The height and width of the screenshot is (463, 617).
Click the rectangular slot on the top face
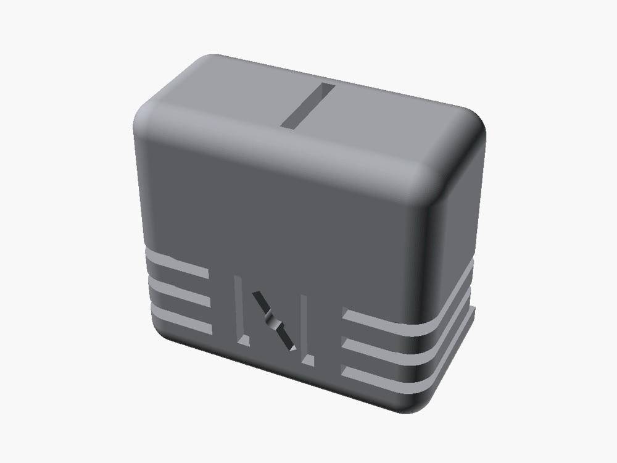[308, 106]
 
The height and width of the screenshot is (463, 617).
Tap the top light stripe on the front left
[177, 265]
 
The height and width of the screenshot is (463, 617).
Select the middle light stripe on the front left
[179, 291]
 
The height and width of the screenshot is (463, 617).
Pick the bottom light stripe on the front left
[181, 319]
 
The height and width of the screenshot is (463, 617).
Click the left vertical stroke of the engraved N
[239, 310]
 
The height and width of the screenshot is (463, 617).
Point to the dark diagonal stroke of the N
[274, 321]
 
